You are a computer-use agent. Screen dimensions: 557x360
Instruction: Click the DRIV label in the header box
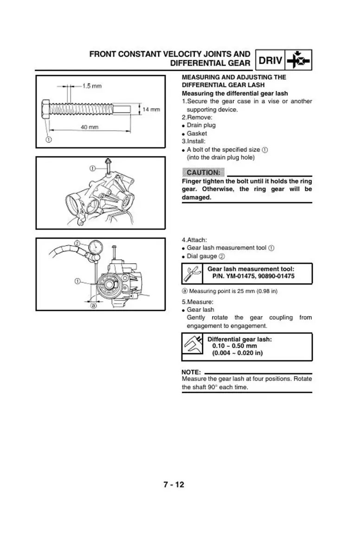pos(270,60)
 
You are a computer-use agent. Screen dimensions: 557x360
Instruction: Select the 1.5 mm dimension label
pos(92,86)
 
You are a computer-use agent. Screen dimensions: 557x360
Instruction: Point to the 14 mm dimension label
pos(151,110)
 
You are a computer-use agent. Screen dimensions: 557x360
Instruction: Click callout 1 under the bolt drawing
pos(48,139)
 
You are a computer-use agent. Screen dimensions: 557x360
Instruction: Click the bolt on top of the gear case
pos(108,166)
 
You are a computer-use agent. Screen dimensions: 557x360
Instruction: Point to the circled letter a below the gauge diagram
pos(93,305)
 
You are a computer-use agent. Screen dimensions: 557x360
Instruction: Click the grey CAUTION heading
pos(203,173)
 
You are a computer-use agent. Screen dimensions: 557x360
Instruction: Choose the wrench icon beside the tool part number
pos(192,274)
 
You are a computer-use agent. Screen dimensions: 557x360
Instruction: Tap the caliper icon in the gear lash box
pos(192,346)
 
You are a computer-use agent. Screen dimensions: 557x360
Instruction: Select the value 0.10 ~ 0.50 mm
pos(234,346)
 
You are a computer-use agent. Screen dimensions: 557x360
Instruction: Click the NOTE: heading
pos(191,372)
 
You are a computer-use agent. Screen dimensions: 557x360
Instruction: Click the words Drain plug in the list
pos(201,125)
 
